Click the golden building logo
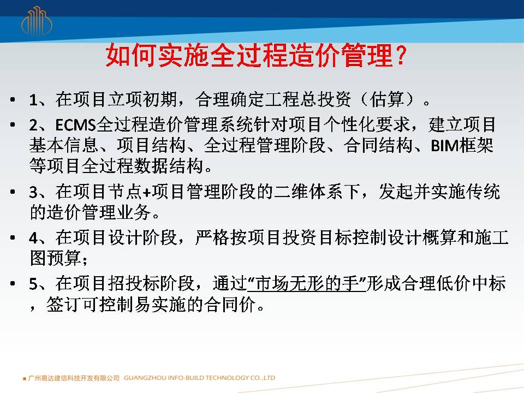tap(37, 21)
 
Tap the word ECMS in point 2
tap(75, 125)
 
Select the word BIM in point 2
tap(444, 146)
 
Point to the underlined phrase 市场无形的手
tap(307, 283)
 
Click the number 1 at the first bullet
tap(33, 100)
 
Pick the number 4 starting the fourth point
tap(33, 239)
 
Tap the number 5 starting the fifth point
tap(33, 284)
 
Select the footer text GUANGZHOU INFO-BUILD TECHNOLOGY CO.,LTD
tap(200, 378)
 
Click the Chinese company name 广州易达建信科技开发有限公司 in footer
tap(74, 378)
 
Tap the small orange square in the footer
tap(25, 379)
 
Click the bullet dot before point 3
tap(13, 192)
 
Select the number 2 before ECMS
tap(33, 126)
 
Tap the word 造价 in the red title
tap(314, 56)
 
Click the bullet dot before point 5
tap(13, 284)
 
